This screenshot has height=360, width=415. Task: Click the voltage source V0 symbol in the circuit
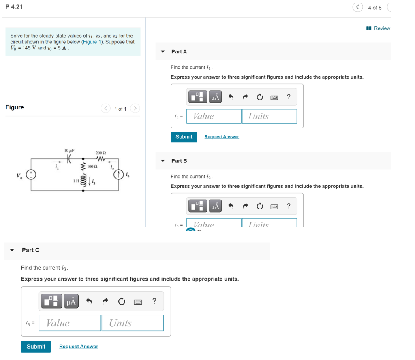31,175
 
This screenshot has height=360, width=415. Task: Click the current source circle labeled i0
118,175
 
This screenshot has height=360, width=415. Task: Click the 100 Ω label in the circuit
92,166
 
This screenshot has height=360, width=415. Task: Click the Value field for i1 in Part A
214,116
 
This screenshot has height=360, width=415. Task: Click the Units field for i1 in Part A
270,116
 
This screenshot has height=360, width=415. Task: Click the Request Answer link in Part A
221,137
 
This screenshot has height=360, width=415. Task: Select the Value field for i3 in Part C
70,323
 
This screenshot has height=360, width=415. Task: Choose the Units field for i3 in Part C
133,323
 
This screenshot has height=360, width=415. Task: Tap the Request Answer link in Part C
79,347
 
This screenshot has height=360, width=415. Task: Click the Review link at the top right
381,28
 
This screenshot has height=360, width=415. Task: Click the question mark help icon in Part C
154,301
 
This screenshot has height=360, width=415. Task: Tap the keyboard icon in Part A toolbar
274,97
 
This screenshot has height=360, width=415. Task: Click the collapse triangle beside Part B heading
163,161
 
